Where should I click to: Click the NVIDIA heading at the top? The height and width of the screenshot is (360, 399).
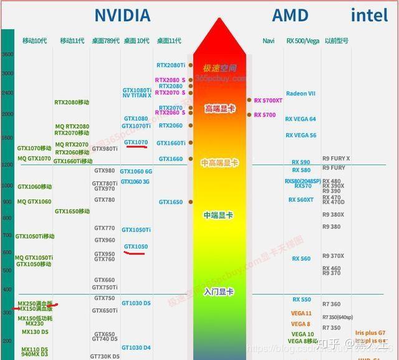[122, 15]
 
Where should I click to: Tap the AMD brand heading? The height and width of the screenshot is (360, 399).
[290, 15]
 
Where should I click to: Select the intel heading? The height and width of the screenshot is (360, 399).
[369, 15]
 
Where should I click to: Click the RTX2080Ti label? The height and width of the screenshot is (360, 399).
[170, 65]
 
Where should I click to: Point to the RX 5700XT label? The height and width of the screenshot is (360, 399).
[268, 100]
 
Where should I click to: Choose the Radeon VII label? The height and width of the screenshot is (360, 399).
[300, 94]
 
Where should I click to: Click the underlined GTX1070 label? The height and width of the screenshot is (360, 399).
[136, 143]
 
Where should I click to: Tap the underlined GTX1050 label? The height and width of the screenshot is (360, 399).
[136, 247]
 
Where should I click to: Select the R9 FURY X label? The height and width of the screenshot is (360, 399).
[336, 158]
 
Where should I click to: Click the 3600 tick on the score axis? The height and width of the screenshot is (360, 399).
[7, 55]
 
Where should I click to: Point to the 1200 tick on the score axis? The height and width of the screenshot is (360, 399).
[7, 164]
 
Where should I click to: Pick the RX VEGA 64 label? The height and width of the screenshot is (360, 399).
[300, 119]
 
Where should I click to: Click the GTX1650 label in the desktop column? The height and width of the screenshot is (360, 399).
[170, 202]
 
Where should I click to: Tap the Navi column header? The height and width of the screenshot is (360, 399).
[269, 41]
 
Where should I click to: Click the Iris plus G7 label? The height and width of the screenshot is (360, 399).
[370, 333]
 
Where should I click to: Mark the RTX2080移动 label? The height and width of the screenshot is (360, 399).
[72, 102]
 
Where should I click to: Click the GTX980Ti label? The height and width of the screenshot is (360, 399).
[105, 149]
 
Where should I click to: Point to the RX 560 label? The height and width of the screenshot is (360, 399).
[300, 259]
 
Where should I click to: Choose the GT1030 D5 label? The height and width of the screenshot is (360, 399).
[136, 303]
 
